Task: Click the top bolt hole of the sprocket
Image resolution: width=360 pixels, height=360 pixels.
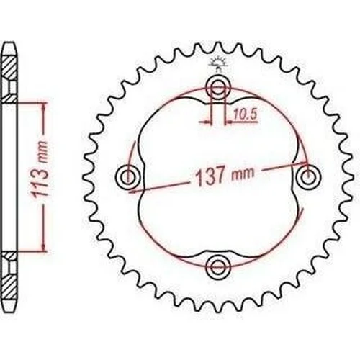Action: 218,89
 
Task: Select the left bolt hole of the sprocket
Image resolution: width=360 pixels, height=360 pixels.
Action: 127,177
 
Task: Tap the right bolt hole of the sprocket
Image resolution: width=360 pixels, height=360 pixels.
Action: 308,177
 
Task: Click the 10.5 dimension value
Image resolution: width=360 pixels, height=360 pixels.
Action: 246,114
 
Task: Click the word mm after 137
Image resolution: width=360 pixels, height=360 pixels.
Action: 242,174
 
